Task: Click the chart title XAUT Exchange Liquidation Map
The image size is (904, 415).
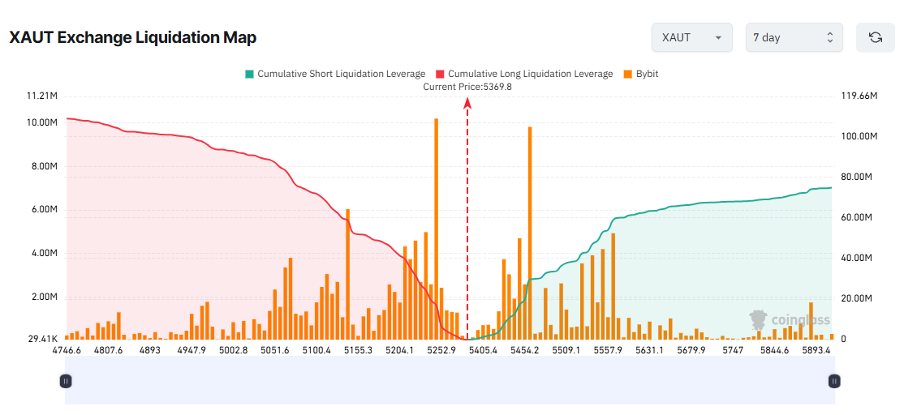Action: (133, 37)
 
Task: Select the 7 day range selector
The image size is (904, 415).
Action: (794, 37)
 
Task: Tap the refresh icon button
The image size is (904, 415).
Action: (875, 37)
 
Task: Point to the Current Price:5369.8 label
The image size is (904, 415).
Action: (467, 87)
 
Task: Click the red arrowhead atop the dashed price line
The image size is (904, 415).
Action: (467, 102)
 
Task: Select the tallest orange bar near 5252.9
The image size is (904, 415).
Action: (436, 227)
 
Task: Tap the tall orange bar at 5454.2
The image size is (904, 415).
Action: (530, 231)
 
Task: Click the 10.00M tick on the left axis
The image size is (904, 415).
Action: (42, 123)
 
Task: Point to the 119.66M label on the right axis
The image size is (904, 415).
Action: (859, 96)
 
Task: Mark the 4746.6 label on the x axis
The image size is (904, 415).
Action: (67, 350)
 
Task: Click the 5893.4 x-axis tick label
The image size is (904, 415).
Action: (816, 350)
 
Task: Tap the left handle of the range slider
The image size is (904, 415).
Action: (67, 380)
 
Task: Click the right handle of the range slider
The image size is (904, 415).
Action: (833, 380)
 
